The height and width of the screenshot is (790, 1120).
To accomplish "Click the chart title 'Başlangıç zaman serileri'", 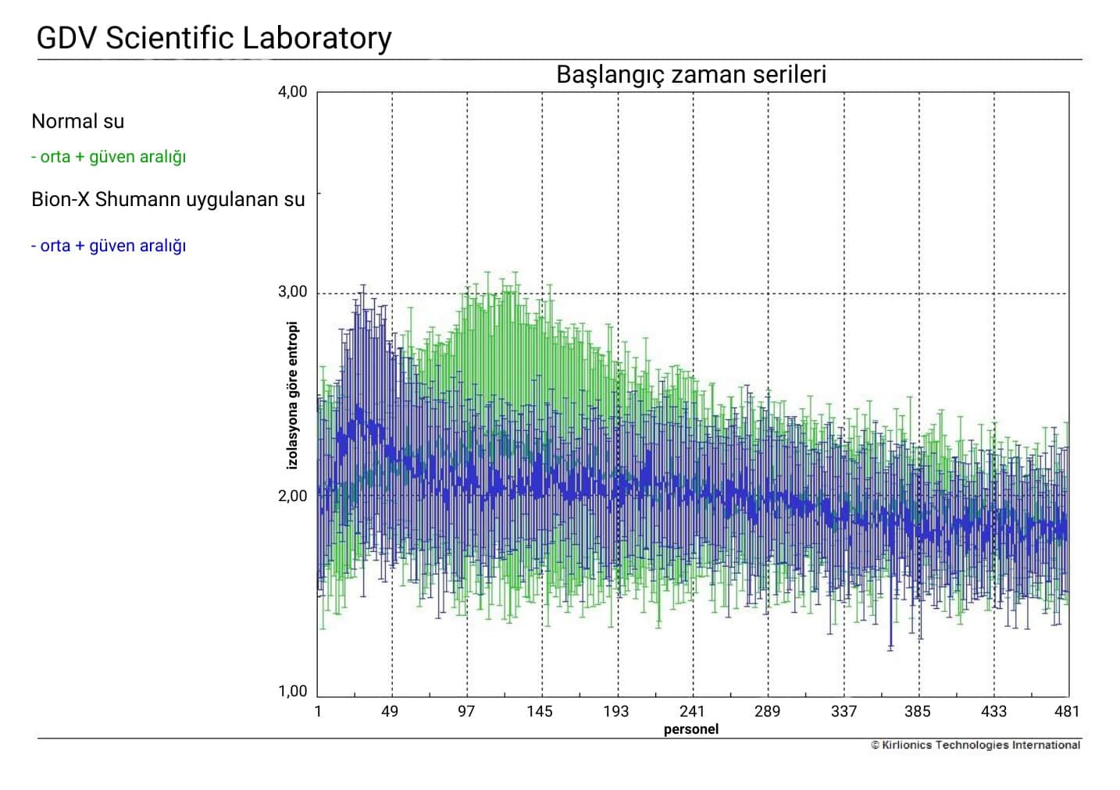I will [x=690, y=75].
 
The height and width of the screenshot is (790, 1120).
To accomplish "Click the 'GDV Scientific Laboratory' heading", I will [x=214, y=37].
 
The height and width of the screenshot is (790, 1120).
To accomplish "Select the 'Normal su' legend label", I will [x=77, y=121].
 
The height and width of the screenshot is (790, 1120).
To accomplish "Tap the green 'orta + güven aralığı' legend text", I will [x=109, y=156].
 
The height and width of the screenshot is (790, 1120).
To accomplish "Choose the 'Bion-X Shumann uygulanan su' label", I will [x=168, y=199].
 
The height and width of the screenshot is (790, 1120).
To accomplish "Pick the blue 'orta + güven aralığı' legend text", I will [x=109, y=245].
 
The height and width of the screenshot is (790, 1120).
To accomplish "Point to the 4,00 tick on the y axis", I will [x=293, y=91].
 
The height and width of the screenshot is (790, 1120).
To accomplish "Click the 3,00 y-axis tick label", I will [x=293, y=292].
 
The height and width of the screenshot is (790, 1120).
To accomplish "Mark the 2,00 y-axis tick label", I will [x=293, y=496].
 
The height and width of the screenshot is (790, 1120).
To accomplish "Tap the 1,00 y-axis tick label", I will [x=293, y=691].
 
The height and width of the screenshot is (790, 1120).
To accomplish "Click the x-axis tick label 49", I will [x=390, y=711].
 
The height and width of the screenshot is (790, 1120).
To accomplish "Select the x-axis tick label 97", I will [x=465, y=711].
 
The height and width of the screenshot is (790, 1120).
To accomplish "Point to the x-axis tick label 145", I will [x=539, y=711].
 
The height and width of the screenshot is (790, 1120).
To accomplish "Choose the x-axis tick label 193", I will [x=615, y=711].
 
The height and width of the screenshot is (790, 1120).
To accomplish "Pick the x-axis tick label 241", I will [x=691, y=711].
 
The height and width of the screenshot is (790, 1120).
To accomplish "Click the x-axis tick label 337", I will [x=844, y=711].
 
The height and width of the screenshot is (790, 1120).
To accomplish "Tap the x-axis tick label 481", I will [x=1066, y=711].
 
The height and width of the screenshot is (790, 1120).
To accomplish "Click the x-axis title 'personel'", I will [x=690, y=729].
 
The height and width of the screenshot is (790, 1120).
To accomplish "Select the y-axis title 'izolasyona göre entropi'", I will [x=293, y=395].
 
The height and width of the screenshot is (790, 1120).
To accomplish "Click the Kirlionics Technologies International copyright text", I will [x=976, y=745].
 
